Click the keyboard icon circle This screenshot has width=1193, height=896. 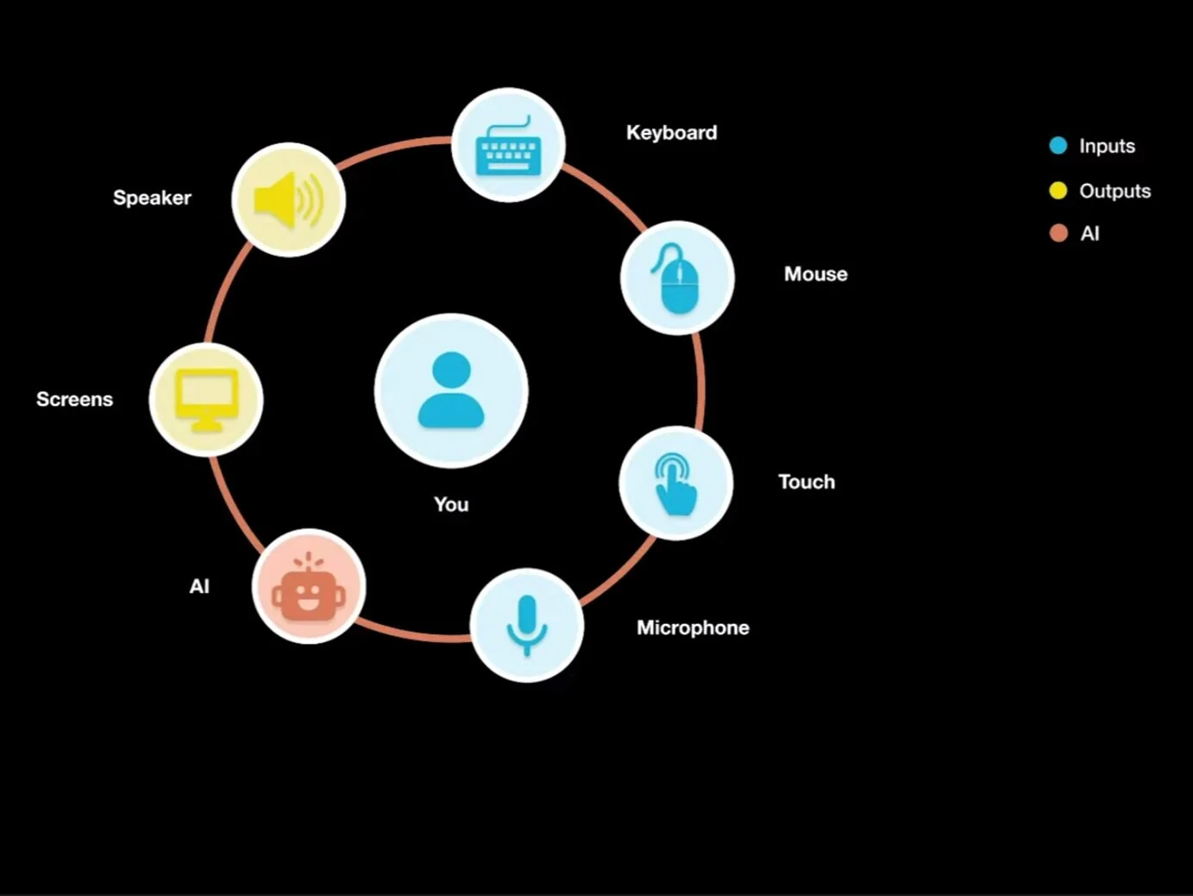point(508,145)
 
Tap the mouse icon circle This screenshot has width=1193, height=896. point(677,278)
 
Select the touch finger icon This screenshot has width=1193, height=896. point(675,483)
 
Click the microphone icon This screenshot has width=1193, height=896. point(526,625)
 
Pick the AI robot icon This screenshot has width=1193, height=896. point(309,586)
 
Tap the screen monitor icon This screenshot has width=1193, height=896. point(206,400)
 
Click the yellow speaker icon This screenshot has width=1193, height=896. point(288,199)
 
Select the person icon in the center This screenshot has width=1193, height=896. point(451,390)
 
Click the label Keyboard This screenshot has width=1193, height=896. point(671,133)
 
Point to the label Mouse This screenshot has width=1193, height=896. point(815,274)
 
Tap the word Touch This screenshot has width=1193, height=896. point(807,482)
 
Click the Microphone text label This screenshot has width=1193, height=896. point(693,628)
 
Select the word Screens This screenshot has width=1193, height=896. point(74,400)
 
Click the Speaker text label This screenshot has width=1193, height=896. point(152,198)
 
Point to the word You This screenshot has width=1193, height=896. point(451,504)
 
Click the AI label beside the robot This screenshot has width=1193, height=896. point(199,587)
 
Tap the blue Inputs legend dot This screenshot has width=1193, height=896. point(1058,146)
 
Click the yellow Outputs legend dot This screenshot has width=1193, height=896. point(1058,191)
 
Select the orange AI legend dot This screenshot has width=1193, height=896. point(1058,233)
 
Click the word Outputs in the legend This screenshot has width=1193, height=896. point(1115,191)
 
